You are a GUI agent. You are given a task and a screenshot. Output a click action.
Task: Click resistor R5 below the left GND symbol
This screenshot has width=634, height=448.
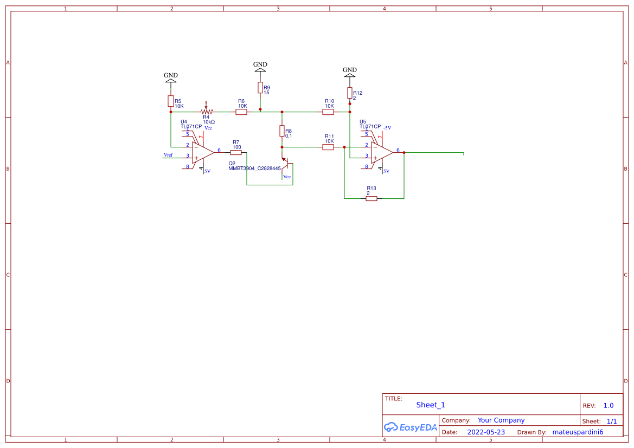(x=171, y=101)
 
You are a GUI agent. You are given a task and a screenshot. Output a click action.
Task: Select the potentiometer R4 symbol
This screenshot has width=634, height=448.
(x=206, y=112)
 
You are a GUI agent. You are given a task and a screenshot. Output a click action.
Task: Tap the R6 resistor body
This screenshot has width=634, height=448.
(x=241, y=112)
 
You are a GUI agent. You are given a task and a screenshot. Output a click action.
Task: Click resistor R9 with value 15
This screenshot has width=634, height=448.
(x=260, y=88)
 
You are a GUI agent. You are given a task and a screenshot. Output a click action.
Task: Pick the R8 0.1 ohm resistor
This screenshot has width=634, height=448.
(x=282, y=131)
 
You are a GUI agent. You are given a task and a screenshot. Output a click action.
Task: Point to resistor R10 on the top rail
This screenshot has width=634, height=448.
(x=328, y=112)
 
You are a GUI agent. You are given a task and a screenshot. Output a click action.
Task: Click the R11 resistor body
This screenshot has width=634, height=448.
(x=328, y=147)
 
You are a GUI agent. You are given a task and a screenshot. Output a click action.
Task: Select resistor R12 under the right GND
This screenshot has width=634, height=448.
(x=350, y=93)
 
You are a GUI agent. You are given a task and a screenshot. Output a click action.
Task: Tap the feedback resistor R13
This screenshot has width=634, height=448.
(x=372, y=199)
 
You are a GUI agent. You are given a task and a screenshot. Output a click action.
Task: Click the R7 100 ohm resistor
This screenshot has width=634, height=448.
(x=236, y=152)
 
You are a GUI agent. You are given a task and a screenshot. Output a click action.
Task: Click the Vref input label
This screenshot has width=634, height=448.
(x=168, y=155)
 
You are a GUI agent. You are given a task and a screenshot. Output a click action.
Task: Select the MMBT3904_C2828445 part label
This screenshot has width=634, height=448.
(x=254, y=168)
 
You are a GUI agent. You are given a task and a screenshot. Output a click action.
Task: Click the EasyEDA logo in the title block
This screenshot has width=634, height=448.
(x=411, y=427)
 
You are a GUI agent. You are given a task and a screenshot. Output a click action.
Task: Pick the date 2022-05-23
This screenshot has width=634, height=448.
(x=485, y=432)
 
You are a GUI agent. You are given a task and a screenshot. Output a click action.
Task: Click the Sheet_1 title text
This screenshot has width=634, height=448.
(x=431, y=405)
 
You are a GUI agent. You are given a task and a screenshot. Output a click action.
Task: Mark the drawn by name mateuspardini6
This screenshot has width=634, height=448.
(x=578, y=432)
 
